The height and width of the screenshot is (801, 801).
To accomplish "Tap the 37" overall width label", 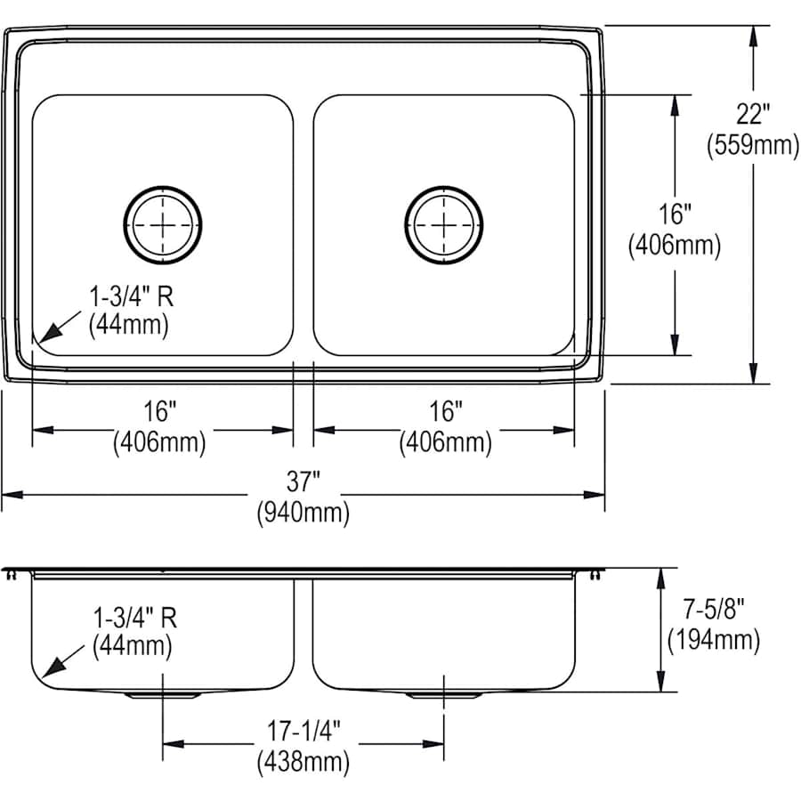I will click(x=303, y=483).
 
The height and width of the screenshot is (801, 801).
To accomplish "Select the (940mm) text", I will click(x=303, y=512).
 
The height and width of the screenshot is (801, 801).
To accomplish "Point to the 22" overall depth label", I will click(x=752, y=115).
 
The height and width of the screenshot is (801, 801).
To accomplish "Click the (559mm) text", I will click(x=752, y=144).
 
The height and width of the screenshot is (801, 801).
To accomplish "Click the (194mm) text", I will click(x=712, y=639).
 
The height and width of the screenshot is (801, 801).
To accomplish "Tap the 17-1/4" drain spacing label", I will click(x=303, y=732).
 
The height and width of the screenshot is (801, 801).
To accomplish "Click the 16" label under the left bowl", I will click(x=160, y=412).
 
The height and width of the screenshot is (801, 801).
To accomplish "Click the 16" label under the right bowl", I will click(x=445, y=412).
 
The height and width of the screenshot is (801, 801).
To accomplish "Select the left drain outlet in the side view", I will click(x=162, y=694).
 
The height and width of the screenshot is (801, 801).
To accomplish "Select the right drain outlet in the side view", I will click(x=443, y=694).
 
